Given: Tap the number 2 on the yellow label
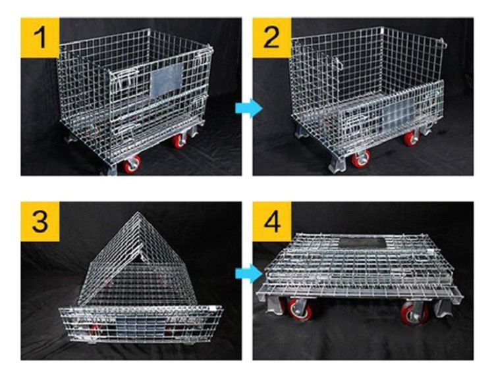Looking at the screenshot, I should click(272, 38).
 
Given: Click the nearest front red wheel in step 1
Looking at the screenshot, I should click(132, 162).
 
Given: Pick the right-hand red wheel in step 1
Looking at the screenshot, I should click(179, 141).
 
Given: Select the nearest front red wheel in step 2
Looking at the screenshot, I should click(361, 159).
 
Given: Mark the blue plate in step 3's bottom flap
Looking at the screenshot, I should click(135, 324).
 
